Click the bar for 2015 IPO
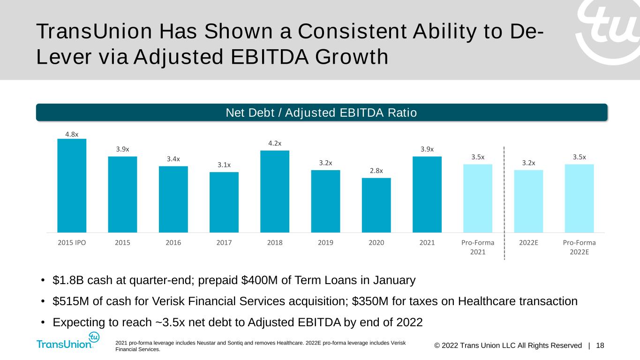72,186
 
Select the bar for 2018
275,191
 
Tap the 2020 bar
376,205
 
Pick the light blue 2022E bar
528,201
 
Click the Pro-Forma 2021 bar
478,198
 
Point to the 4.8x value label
72,134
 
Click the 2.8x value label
376,171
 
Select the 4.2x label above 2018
275,143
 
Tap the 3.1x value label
224,165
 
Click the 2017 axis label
224,242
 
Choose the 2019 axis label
325,242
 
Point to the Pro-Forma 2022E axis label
579,247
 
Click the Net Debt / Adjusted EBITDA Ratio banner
322,112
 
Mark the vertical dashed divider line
504,203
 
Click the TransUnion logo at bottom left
68,341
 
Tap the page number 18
600,345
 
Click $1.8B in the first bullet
68,280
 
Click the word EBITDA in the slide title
270,57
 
